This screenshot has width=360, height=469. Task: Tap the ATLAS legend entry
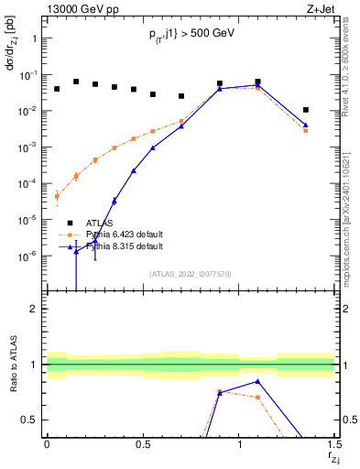101,223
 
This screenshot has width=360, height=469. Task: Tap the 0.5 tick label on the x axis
143,444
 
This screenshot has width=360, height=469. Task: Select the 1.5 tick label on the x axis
335,444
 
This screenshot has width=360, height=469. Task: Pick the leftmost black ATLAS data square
57,89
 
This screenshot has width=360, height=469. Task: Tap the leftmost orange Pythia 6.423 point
57,196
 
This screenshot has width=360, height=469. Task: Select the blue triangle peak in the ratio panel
258,381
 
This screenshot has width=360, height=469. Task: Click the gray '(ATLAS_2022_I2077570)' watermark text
191,273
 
